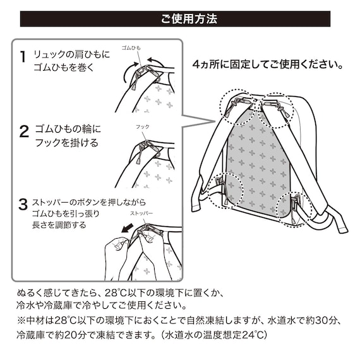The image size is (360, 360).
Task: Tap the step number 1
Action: [x=23, y=57]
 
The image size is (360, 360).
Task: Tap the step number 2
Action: [x=23, y=132]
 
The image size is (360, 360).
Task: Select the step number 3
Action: [x=23, y=204]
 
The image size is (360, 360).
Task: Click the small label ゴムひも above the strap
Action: [x=131, y=48]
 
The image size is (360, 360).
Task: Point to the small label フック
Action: [x=143, y=126]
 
